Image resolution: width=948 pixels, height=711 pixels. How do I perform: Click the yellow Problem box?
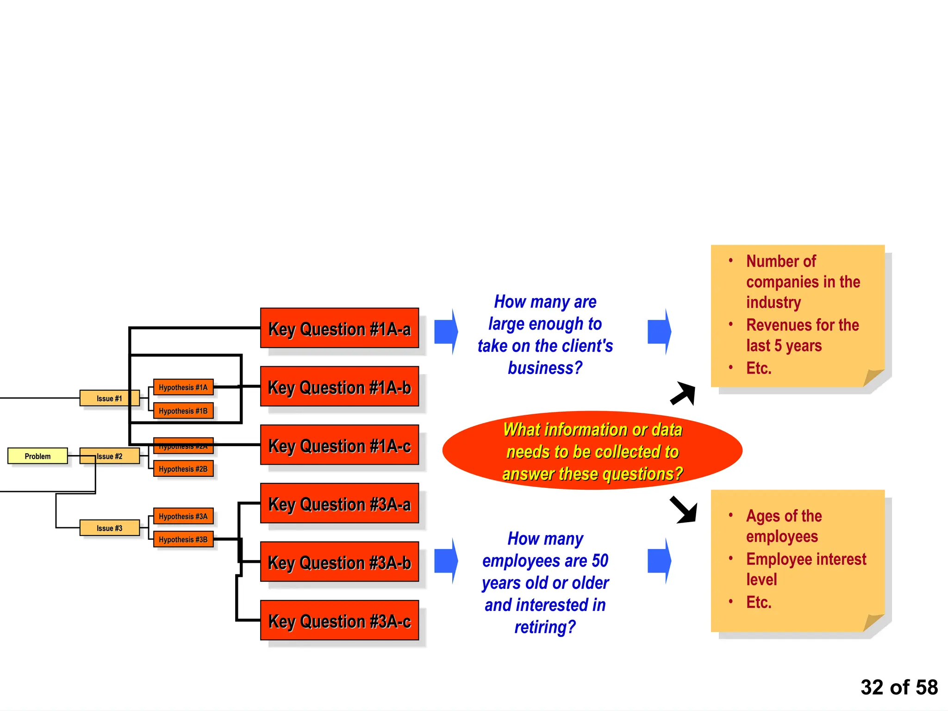37,456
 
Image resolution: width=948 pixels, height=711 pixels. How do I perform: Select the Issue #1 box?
109,398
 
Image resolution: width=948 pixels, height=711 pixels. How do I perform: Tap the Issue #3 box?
109,528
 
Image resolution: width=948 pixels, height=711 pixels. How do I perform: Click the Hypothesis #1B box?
183,411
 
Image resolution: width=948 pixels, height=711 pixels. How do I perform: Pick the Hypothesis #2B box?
183,469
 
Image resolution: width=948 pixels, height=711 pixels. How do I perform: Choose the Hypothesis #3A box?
183,516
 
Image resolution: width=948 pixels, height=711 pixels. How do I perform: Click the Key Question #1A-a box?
339,328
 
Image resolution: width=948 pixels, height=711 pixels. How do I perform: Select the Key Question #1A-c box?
339,445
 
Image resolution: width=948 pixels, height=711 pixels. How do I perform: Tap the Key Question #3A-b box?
339,562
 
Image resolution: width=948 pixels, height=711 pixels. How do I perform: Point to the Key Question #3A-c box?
339,620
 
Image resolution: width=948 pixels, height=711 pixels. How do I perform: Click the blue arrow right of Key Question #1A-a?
446,331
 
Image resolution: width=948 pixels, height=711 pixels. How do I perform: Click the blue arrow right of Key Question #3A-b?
446,561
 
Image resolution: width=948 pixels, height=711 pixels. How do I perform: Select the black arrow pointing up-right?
684,393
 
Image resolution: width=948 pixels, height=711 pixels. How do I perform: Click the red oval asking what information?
592,451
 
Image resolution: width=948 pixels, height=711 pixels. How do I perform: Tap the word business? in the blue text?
545,368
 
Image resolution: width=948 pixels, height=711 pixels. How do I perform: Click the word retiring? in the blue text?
545,627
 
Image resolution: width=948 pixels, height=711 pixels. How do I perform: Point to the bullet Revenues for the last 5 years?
802,335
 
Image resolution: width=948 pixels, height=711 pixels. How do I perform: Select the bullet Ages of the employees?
784,526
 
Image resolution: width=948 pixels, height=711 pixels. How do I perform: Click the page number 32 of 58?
898,687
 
